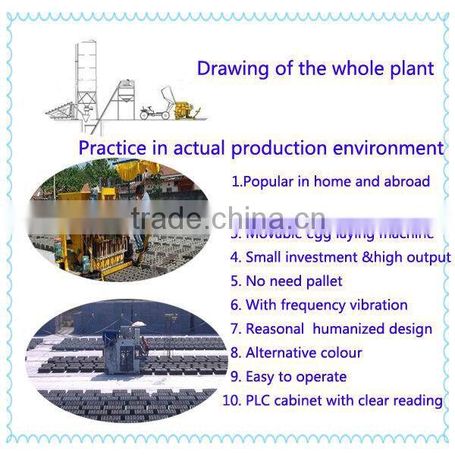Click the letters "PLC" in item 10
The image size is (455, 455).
point(260,400)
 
